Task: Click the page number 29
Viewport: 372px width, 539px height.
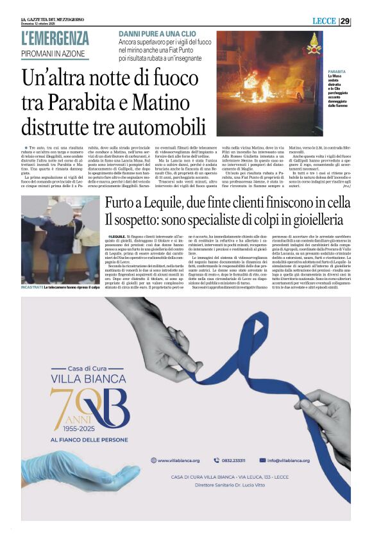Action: (345, 21)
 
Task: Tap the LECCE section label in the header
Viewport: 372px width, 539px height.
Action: (323, 21)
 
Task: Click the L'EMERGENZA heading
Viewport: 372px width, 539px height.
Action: (55, 38)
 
